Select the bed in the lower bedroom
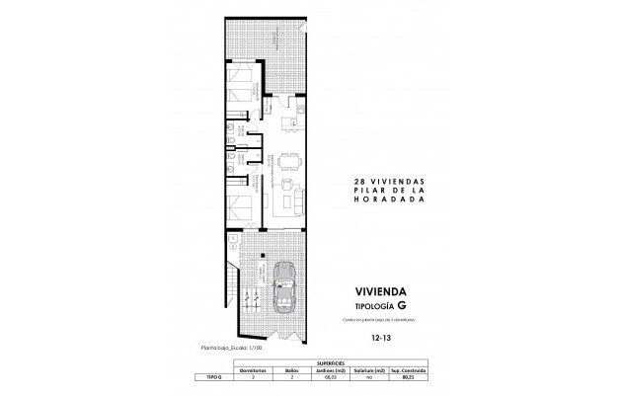tap(240, 209)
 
